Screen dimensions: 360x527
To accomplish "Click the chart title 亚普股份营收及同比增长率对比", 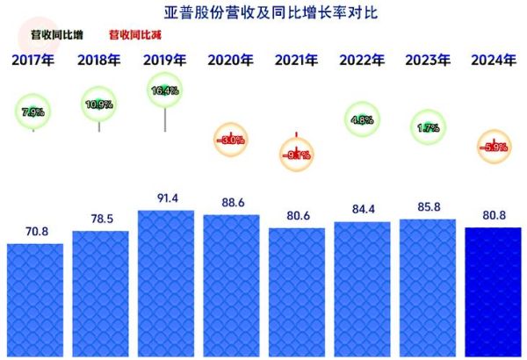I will (263, 12).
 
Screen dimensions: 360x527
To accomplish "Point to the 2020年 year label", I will (231, 61).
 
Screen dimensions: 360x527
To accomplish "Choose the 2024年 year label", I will (493, 61).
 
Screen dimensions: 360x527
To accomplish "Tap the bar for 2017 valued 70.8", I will (34, 299).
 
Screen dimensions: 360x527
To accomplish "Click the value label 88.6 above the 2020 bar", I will (231, 203).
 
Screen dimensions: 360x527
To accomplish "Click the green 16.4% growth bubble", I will (165, 90).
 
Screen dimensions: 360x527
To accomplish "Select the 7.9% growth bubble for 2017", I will (34, 112).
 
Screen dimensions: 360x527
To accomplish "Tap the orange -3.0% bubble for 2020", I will (231, 140).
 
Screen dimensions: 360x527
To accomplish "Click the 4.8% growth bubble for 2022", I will (362, 119).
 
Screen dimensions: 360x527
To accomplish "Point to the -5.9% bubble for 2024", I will (493, 147).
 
